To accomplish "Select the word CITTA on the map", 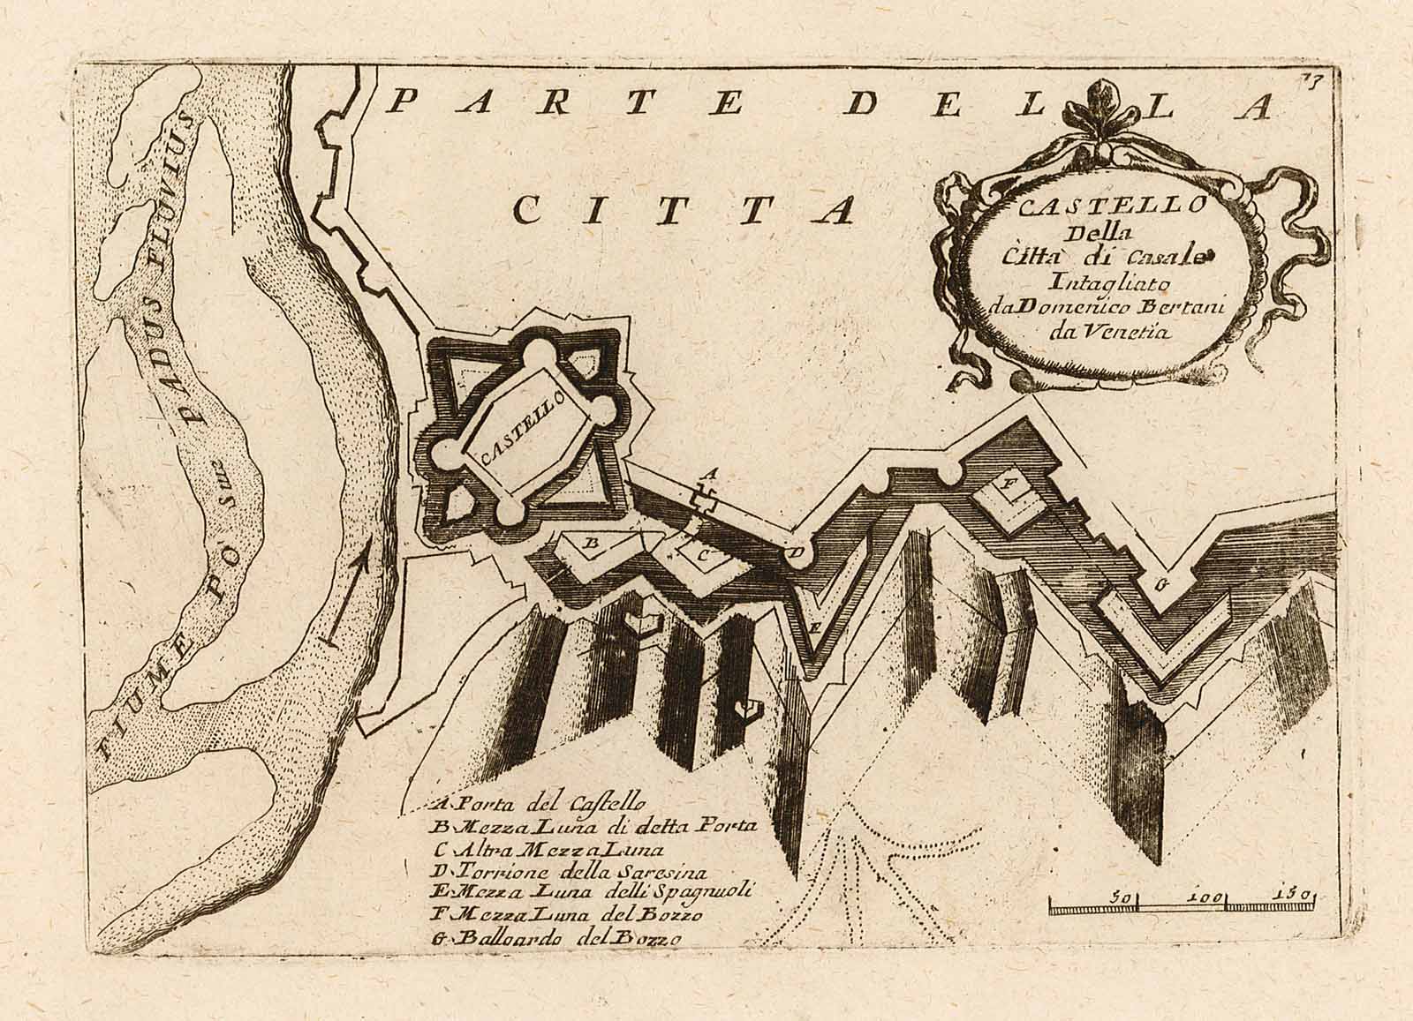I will pyautogui.click(x=684, y=208).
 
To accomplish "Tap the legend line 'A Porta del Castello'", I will pyautogui.click(x=541, y=804).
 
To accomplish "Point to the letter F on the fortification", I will pyautogui.click(x=1004, y=486).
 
